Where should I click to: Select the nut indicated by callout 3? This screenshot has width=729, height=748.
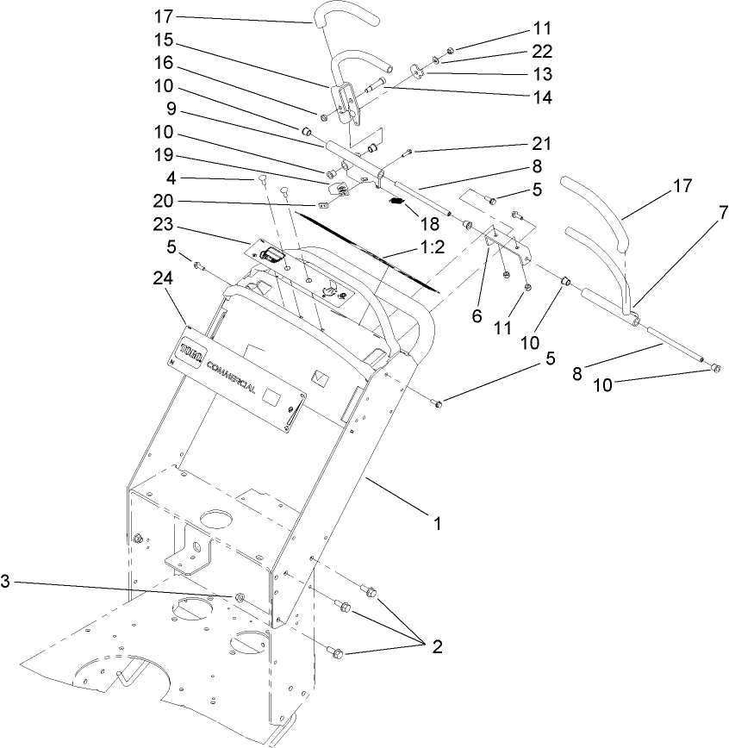[239, 597]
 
